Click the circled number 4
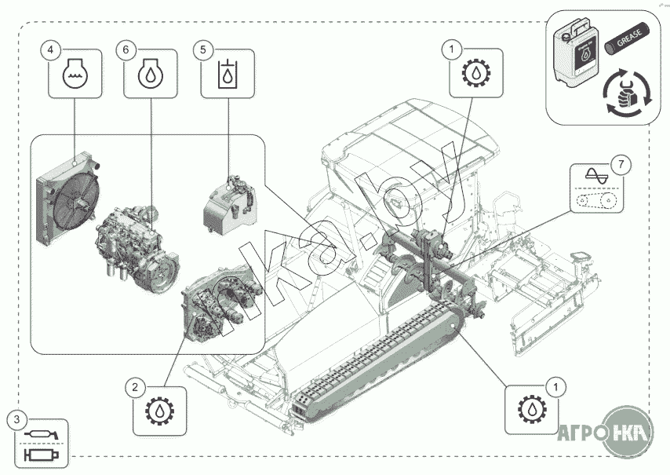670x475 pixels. (x=51, y=50)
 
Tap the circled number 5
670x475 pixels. (x=203, y=50)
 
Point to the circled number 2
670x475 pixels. (x=136, y=386)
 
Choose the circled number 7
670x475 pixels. (x=621, y=164)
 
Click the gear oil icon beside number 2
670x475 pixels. (x=158, y=411)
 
